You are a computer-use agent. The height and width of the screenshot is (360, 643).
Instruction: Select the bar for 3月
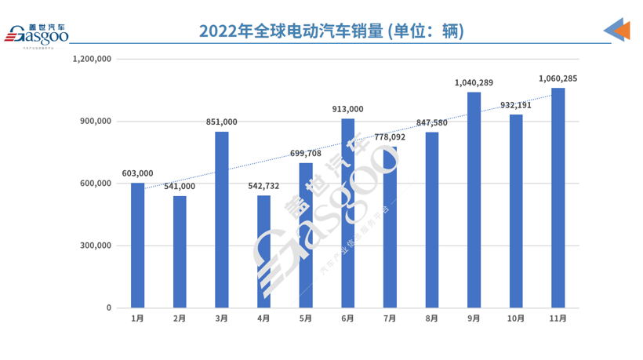click(222, 220)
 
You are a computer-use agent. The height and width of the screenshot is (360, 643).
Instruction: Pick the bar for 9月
click(474, 200)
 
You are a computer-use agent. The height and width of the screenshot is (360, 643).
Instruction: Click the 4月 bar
click(263, 251)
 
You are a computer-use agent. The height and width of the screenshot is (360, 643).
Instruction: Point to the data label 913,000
click(348, 109)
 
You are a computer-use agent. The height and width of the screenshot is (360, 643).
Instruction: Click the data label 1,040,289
click(474, 82)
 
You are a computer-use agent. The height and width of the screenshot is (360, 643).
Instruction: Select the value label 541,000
click(180, 186)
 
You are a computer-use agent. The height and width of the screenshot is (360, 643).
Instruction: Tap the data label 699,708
click(305, 153)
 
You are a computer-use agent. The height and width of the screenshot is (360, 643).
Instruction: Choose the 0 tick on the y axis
click(110, 308)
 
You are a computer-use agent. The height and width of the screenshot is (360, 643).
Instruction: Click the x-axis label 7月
click(390, 318)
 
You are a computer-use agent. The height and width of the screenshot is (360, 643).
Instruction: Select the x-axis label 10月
click(515, 318)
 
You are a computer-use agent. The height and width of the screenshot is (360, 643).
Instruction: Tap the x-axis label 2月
click(180, 318)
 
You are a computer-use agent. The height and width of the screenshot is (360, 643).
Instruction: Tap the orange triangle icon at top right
click(623, 31)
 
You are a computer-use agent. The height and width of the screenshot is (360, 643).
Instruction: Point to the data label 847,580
click(432, 122)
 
